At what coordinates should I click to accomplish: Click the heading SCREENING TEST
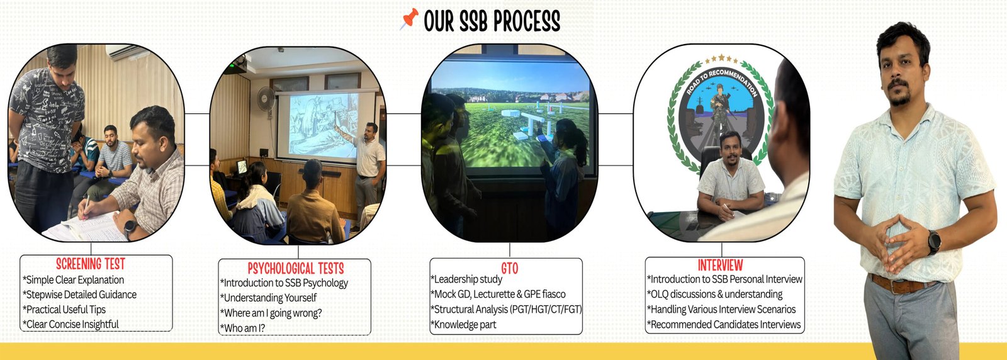click(x=91, y=264)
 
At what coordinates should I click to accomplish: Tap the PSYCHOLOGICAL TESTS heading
click(x=296, y=268)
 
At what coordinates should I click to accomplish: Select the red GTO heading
click(x=509, y=268)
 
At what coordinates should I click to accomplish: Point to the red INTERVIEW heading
click(x=720, y=265)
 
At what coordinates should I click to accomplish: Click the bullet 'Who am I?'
click(x=243, y=328)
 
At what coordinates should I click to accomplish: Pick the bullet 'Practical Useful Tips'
click(x=64, y=310)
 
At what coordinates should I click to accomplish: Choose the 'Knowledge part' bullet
click(x=463, y=325)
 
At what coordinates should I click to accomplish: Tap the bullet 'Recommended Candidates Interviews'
click(x=724, y=325)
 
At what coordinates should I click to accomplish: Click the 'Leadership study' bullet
click(x=466, y=279)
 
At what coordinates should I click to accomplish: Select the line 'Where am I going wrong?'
click(x=271, y=313)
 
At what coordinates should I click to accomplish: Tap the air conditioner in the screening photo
click(x=123, y=52)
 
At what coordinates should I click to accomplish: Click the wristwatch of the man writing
click(x=130, y=227)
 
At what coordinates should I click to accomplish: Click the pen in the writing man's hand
click(x=86, y=208)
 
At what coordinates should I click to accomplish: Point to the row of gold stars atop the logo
click(x=721, y=59)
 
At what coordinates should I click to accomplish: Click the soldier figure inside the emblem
click(x=720, y=108)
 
